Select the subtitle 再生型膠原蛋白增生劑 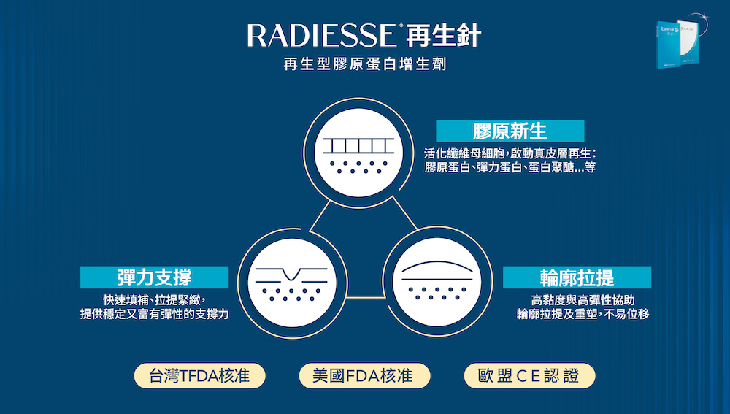point(365,65)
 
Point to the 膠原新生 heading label point(510,131)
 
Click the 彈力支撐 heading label point(154,277)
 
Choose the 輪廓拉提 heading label point(577,277)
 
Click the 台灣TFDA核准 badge point(199,376)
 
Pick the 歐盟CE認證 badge point(529,376)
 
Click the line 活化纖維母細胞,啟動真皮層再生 point(510,153)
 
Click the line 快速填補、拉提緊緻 point(155,300)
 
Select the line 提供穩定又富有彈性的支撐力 point(154,314)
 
